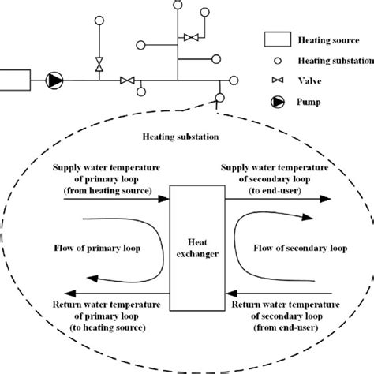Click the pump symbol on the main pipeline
pyautogui.click(x=54, y=80)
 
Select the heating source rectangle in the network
pyautogui.click(x=14, y=80)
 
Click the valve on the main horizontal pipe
pyautogui.click(x=125, y=80)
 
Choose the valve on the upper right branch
pyautogui.click(x=190, y=36)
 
